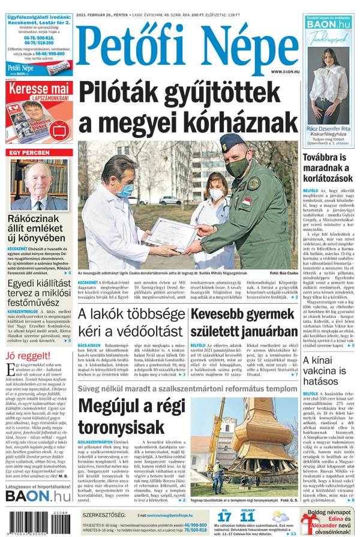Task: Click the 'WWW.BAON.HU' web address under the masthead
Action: click(x=285, y=72)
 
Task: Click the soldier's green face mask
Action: click(x=235, y=166)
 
